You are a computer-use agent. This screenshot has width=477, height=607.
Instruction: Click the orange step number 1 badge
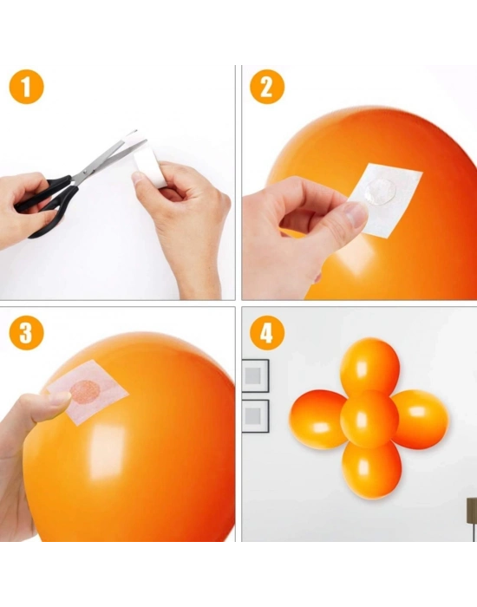26,87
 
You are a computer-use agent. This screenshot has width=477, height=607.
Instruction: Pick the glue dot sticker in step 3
85,392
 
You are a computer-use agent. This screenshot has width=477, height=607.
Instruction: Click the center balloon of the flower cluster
369,418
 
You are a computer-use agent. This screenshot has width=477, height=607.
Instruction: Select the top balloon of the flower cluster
370,364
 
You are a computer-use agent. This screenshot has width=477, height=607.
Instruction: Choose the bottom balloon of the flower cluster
371,470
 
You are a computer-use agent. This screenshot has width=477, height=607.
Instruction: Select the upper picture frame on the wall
255,375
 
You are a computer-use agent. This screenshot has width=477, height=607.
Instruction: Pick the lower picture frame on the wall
255,415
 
